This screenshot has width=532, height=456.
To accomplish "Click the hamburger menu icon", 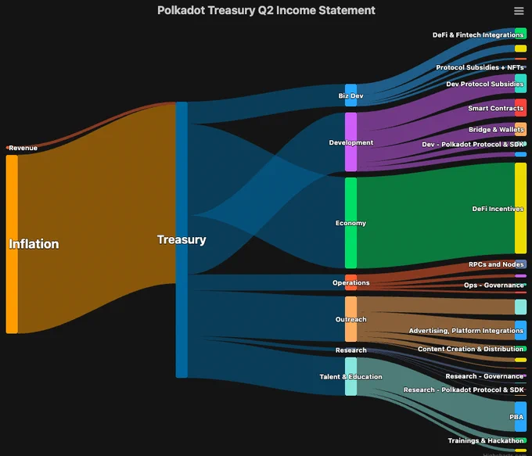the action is pos(519,11).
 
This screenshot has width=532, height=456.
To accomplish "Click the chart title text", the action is pos(266,10).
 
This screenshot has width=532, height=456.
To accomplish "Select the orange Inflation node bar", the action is pos(12,244).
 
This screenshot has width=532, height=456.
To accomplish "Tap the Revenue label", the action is pos(23,148).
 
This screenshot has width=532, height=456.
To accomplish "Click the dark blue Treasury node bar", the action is pos(182,239).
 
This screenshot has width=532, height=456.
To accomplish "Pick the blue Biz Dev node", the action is pos(350,95).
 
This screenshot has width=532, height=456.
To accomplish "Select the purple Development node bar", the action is pos(350,142).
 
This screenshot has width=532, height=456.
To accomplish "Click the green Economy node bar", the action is pos(350,223).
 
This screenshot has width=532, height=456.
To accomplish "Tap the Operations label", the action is pos(350,282).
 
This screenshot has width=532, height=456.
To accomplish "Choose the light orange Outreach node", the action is pos(350,319).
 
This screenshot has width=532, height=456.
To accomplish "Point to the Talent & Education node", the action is pos(350,376).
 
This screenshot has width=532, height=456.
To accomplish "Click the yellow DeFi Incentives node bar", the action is pos(520,208).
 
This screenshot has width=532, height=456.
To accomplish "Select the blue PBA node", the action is pos(520,417).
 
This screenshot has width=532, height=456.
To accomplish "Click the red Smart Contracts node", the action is pos(520,108).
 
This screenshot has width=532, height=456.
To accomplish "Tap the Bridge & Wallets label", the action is pos(496,130).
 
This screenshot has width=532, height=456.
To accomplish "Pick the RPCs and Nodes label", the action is pos(496,264).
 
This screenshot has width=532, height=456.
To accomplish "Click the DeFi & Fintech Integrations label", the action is pos(478,35).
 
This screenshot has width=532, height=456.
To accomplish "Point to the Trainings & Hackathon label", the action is pos(486,440).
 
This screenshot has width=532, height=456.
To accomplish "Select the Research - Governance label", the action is pos(484,376).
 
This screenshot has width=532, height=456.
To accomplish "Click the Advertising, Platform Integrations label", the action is pos(466,331).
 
